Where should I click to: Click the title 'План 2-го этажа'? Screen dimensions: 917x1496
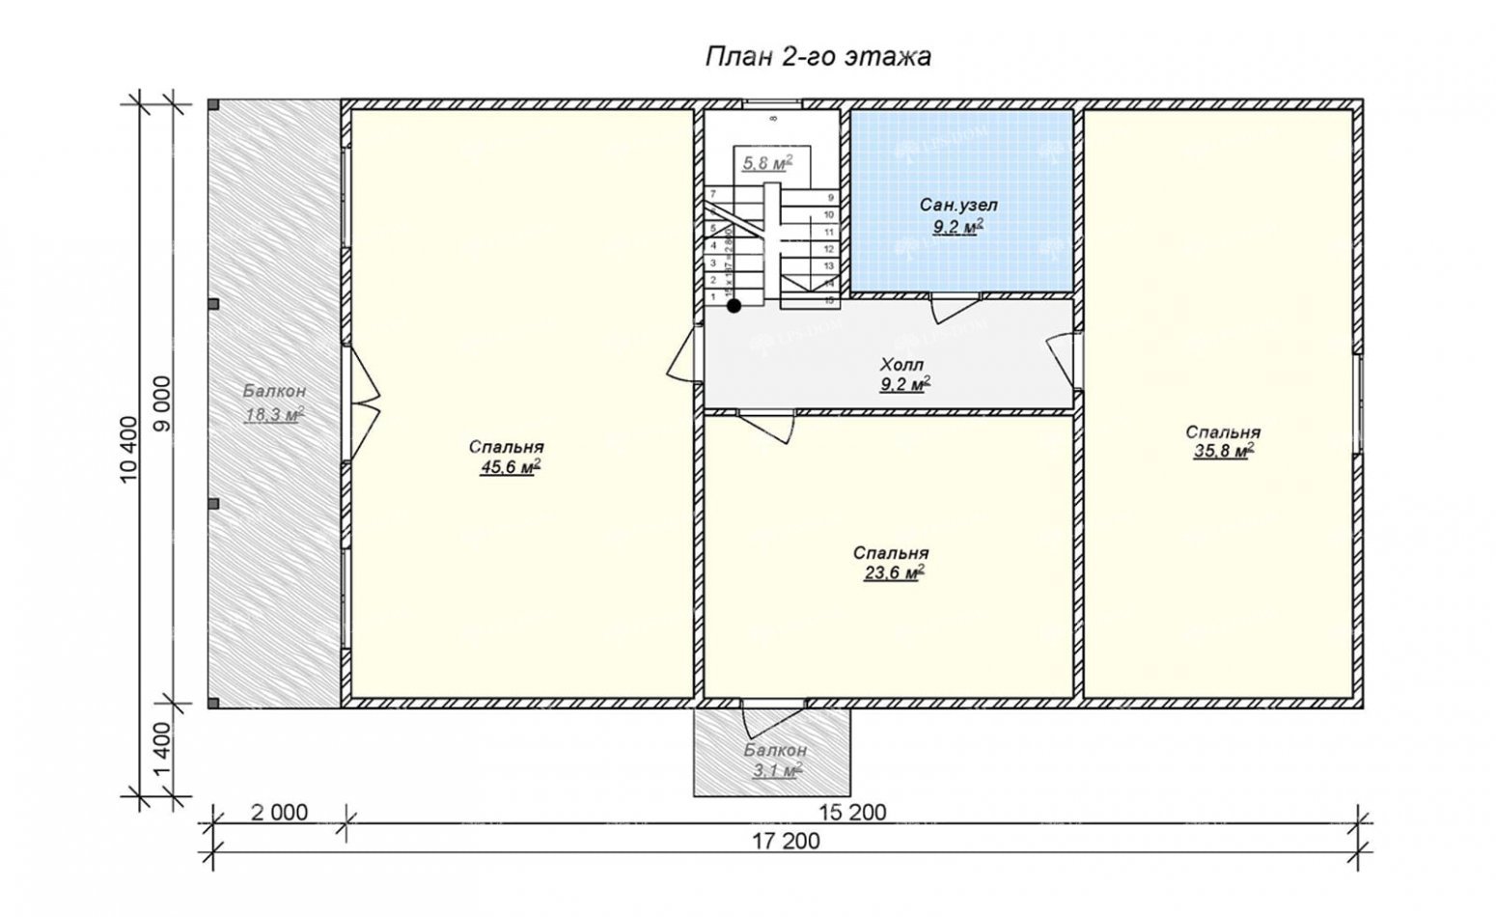[817, 57]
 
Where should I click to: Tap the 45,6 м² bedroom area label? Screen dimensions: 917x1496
[508, 468]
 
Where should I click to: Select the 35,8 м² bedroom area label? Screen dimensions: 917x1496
[1223, 450]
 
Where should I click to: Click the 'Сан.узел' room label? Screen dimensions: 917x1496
[958, 206]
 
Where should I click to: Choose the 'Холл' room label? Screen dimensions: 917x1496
[902, 365]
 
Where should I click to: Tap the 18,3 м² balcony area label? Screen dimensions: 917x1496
[274, 414]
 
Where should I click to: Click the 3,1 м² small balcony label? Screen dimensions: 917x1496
[776, 770]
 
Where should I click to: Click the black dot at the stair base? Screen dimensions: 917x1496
[734, 306]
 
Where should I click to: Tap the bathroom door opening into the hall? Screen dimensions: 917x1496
[954, 309]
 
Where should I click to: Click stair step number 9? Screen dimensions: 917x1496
[829, 197]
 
